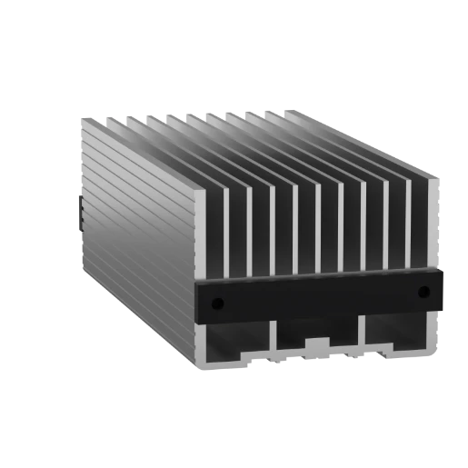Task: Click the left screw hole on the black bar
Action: click(x=218, y=302)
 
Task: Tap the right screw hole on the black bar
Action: click(x=423, y=292)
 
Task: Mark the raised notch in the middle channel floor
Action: click(x=317, y=344)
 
